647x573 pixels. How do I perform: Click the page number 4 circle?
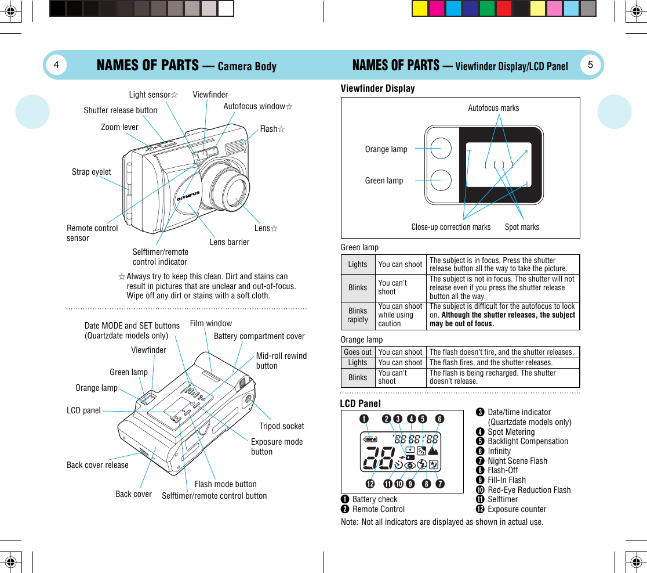pyautogui.click(x=56, y=65)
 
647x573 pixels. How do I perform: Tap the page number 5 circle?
pyautogui.click(x=590, y=64)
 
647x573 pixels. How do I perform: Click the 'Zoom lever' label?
pyautogui.click(x=119, y=127)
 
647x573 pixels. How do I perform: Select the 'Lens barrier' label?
pyautogui.click(x=229, y=242)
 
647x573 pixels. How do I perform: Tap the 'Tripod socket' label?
pyautogui.click(x=281, y=426)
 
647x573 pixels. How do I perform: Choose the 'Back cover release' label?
pyautogui.click(x=97, y=465)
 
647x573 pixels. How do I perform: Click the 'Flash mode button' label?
pyautogui.click(x=226, y=484)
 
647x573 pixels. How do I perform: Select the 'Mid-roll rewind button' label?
pyautogui.click(x=281, y=361)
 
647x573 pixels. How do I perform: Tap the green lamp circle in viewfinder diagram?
pyautogui.click(x=440, y=180)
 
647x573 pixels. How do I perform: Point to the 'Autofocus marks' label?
pyautogui.click(x=493, y=108)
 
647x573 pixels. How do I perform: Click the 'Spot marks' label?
pyautogui.click(x=522, y=227)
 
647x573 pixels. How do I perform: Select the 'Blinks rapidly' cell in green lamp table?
pyautogui.click(x=358, y=315)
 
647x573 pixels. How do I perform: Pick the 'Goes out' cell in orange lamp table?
pyautogui.click(x=358, y=352)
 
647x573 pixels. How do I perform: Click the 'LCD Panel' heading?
pyautogui.click(x=360, y=403)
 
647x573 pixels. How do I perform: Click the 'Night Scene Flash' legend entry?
pyautogui.click(x=517, y=461)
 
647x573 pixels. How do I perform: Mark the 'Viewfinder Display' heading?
pyautogui.click(x=377, y=88)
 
